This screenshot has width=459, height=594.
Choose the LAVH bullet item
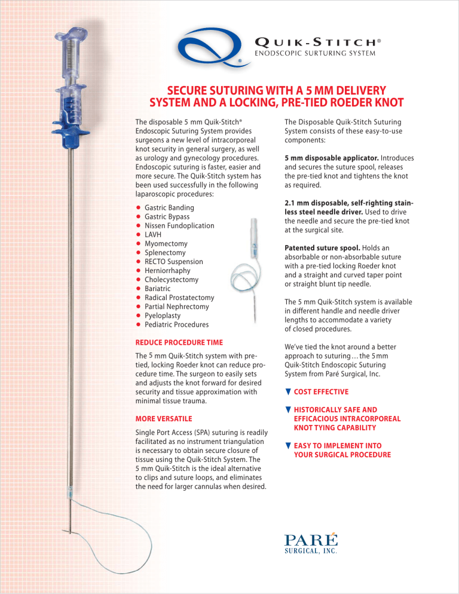154,234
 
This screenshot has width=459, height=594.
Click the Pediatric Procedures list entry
177,324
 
